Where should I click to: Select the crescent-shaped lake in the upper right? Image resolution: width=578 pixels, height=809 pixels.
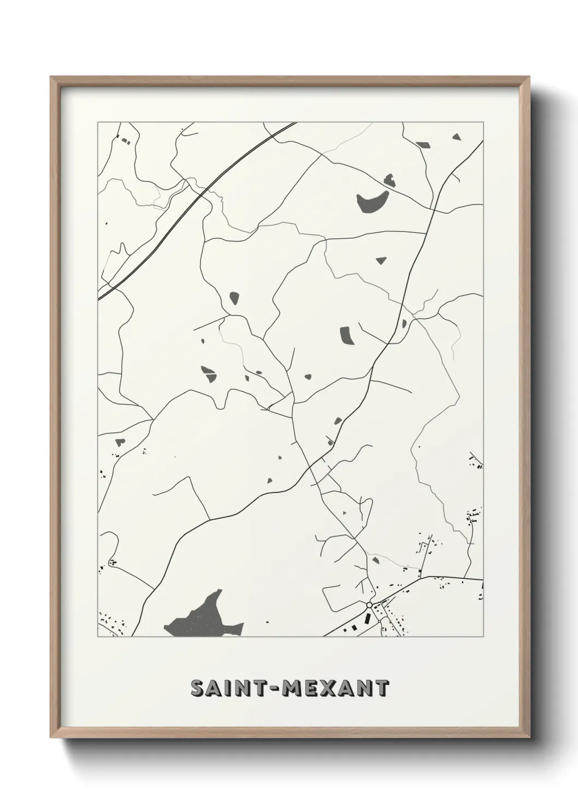[x=371, y=202]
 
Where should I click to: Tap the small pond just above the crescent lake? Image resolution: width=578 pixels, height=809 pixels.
[x=389, y=178]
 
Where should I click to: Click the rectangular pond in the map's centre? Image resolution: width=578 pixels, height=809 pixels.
[x=347, y=335]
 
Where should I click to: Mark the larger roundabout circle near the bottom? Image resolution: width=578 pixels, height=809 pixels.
[x=369, y=605]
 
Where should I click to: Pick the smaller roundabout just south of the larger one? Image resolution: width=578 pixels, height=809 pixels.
[x=379, y=622]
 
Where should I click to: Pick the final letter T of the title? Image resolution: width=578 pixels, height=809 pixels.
[x=382, y=688]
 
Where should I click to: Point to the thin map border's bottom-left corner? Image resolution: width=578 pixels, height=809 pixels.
[x=98, y=637]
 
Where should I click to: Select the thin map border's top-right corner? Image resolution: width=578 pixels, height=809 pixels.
[x=483, y=122]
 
